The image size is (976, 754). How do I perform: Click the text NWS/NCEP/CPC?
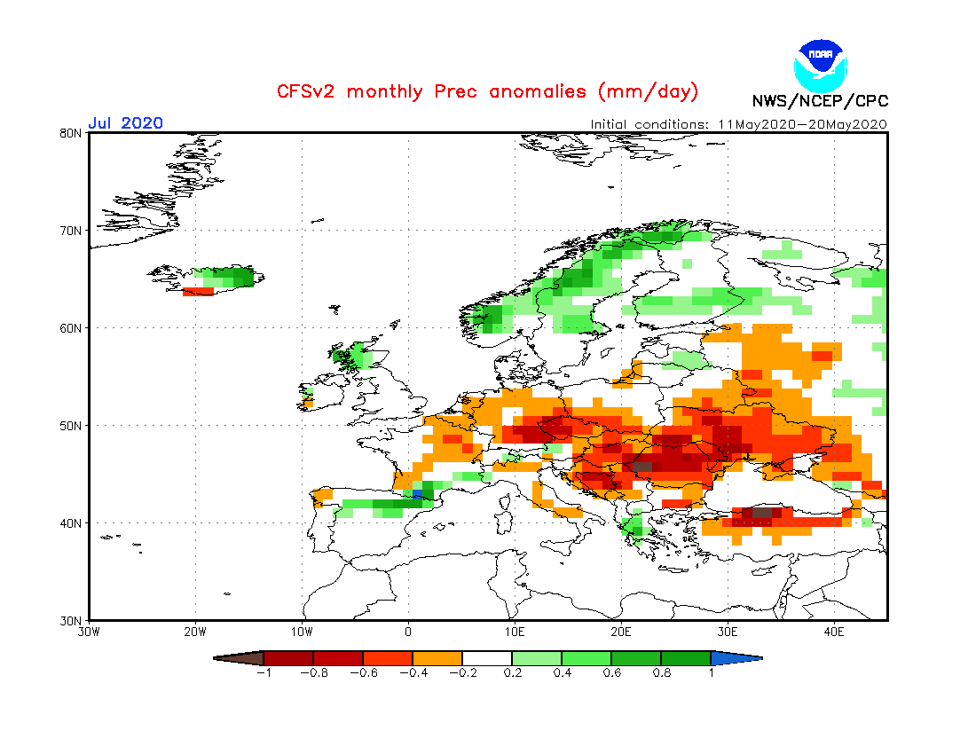tap(820, 101)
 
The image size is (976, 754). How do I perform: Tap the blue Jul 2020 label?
tap(125, 123)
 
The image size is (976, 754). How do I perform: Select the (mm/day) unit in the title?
tap(649, 91)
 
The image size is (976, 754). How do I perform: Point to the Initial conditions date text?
tap(738, 124)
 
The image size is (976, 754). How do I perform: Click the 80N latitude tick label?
tap(72, 133)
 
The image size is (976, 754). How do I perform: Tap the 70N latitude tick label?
tap(72, 231)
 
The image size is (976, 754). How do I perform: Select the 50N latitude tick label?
tap(72, 426)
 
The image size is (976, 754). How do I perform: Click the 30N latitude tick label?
tap(72, 620)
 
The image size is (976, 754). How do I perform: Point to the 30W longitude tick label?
tap(89, 632)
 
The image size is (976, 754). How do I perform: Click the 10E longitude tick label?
tap(515, 632)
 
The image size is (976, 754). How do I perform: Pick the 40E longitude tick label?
tap(834, 632)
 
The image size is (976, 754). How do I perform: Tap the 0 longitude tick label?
tap(408, 632)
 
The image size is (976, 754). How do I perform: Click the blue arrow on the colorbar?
tap(736, 658)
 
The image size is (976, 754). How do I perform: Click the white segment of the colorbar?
tap(487, 658)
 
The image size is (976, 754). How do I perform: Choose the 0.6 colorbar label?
tap(611, 673)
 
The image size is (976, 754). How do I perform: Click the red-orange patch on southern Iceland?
tap(198, 291)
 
